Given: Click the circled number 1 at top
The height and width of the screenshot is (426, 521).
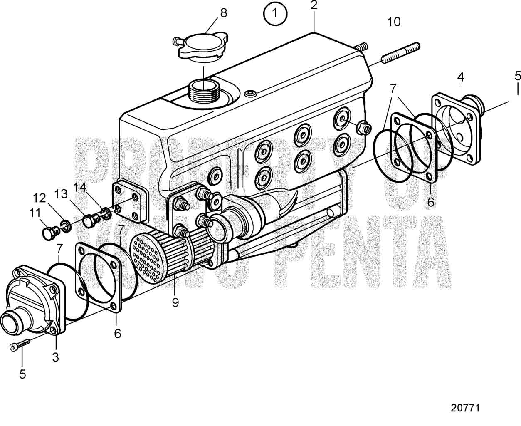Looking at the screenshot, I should (274, 14).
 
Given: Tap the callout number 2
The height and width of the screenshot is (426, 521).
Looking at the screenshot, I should (314, 5).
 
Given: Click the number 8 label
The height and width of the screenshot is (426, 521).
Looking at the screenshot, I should (224, 13).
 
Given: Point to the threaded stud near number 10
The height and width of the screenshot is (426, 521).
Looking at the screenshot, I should (401, 53).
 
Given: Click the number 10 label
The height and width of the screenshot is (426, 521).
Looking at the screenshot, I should (394, 22).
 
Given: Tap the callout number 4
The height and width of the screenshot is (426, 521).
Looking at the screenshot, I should (461, 77).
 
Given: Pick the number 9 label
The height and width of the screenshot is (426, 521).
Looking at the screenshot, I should (175, 302).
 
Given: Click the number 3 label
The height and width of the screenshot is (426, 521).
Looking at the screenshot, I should (56, 357).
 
